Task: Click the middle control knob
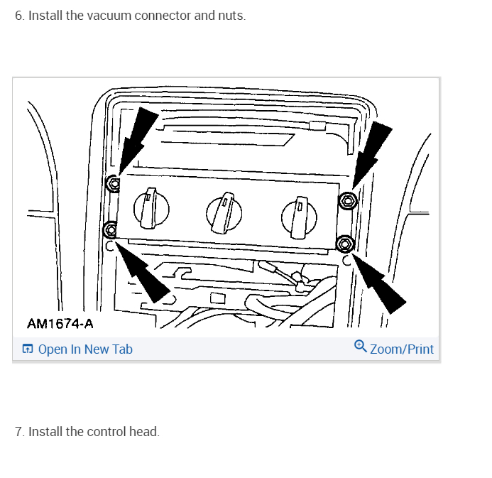pyautogui.click(x=224, y=208)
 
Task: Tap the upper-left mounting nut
pyautogui.click(x=113, y=185)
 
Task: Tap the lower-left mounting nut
pyautogui.click(x=110, y=229)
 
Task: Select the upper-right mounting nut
pyautogui.click(x=347, y=201)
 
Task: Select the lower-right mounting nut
pyautogui.click(x=345, y=244)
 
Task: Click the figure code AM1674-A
pyautogui.click(x=60, y=324)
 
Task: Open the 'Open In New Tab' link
pyautogui.click(x=85, y=349)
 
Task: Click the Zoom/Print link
pyautogui.click(x=401, y=349)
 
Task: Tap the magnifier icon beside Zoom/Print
pyautogui.click(x=360, y=347)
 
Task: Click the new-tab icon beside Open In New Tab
pyautogui.click(x=28, y=349)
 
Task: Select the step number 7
pyautogui.click(x=19, y=432)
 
